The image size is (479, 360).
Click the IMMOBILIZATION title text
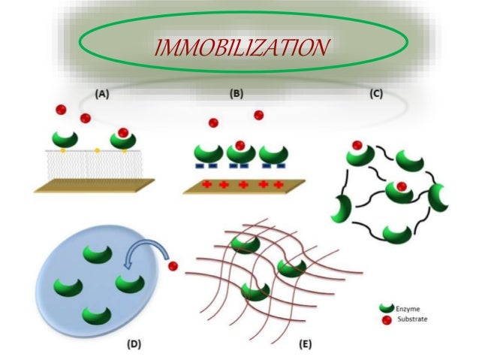[x=240, y=49]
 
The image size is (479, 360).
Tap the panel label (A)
[x=101, y=94]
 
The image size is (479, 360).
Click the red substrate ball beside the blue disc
[x=173, y=266]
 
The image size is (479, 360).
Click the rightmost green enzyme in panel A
[x=122, y=138]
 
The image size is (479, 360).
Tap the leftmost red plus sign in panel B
[x=206, y=183]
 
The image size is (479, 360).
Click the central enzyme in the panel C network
[x=401, y=191]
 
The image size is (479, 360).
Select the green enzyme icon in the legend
[x=387, y=308]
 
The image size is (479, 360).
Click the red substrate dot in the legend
[x=387, y=319]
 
